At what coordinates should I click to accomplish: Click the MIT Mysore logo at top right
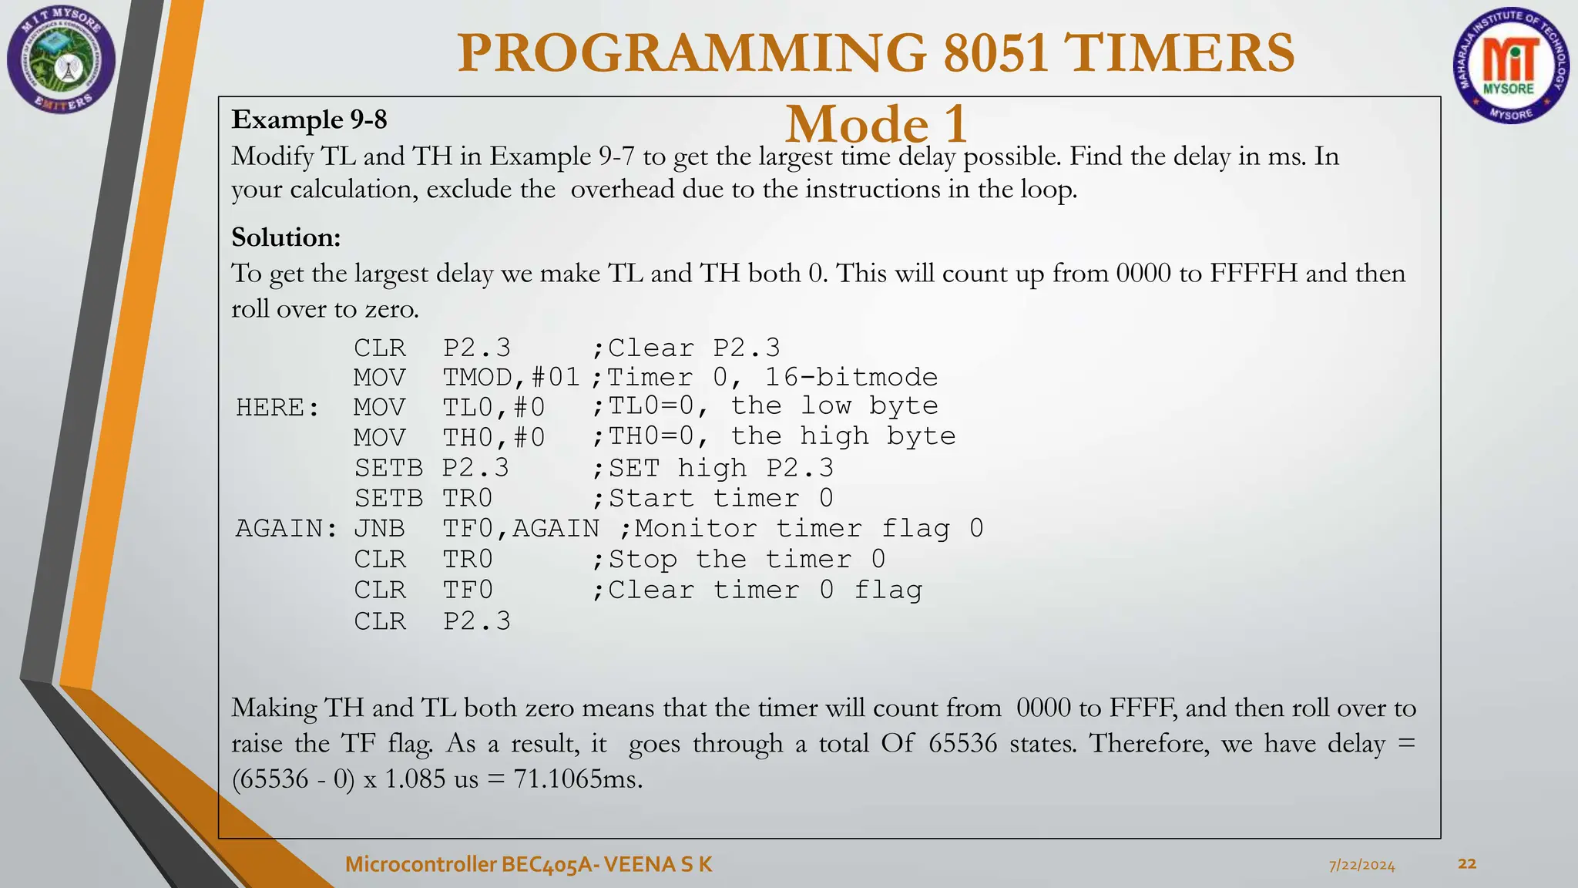[1511, 66]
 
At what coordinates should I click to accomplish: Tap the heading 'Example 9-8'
[309, 120]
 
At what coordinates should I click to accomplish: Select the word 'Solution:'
[286, 237]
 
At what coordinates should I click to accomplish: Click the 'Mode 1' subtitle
[876, 123]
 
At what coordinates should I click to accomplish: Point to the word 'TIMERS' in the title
[1179, 54]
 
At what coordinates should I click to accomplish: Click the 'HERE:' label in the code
[277, 408]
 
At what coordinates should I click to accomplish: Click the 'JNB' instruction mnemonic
[379, 529]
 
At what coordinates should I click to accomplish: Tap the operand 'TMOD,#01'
[511, 378]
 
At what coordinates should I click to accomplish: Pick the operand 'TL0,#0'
[494, 408]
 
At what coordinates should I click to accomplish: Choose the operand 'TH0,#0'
[494, 438]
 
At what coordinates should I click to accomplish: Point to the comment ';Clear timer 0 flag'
[757, 590]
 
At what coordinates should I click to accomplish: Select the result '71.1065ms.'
[578, 779]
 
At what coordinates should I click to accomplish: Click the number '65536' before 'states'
[962, 744]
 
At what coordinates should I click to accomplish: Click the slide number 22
[1467, 863]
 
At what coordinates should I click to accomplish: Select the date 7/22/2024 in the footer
[1361, 865]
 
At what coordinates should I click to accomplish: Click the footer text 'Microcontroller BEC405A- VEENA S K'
[529, 864]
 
